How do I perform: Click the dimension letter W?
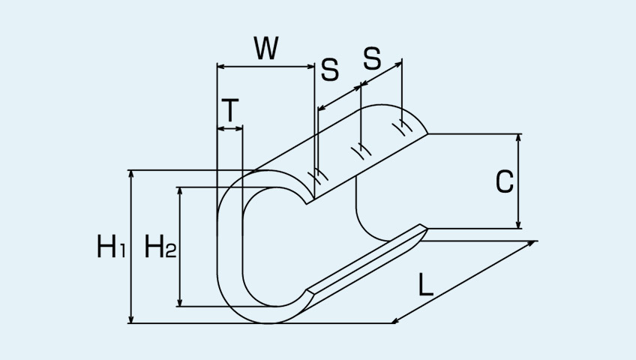click(266, 48)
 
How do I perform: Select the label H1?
click(111, 246)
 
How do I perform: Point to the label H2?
click(160, 246)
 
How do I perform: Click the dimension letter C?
click(505, 181)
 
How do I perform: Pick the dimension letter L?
click(426, 284)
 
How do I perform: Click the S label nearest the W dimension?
click(330, 70)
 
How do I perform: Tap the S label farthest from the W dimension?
click(372, 58)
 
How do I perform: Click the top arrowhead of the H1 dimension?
click(130, 174)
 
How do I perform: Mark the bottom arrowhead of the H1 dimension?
click(130, 319)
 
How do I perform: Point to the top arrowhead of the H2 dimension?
click(180, 191)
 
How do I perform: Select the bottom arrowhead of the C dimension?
click(518, 224)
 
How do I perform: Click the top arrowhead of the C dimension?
click(518, 138)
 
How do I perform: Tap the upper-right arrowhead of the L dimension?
click(532, 243)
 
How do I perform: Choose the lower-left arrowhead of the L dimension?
click(396, 321)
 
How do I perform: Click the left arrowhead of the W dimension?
click(221, 66)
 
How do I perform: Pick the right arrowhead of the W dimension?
click(310, 66)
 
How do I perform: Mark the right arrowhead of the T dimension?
click(238, 128)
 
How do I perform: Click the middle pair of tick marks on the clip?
click(361, 151)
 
